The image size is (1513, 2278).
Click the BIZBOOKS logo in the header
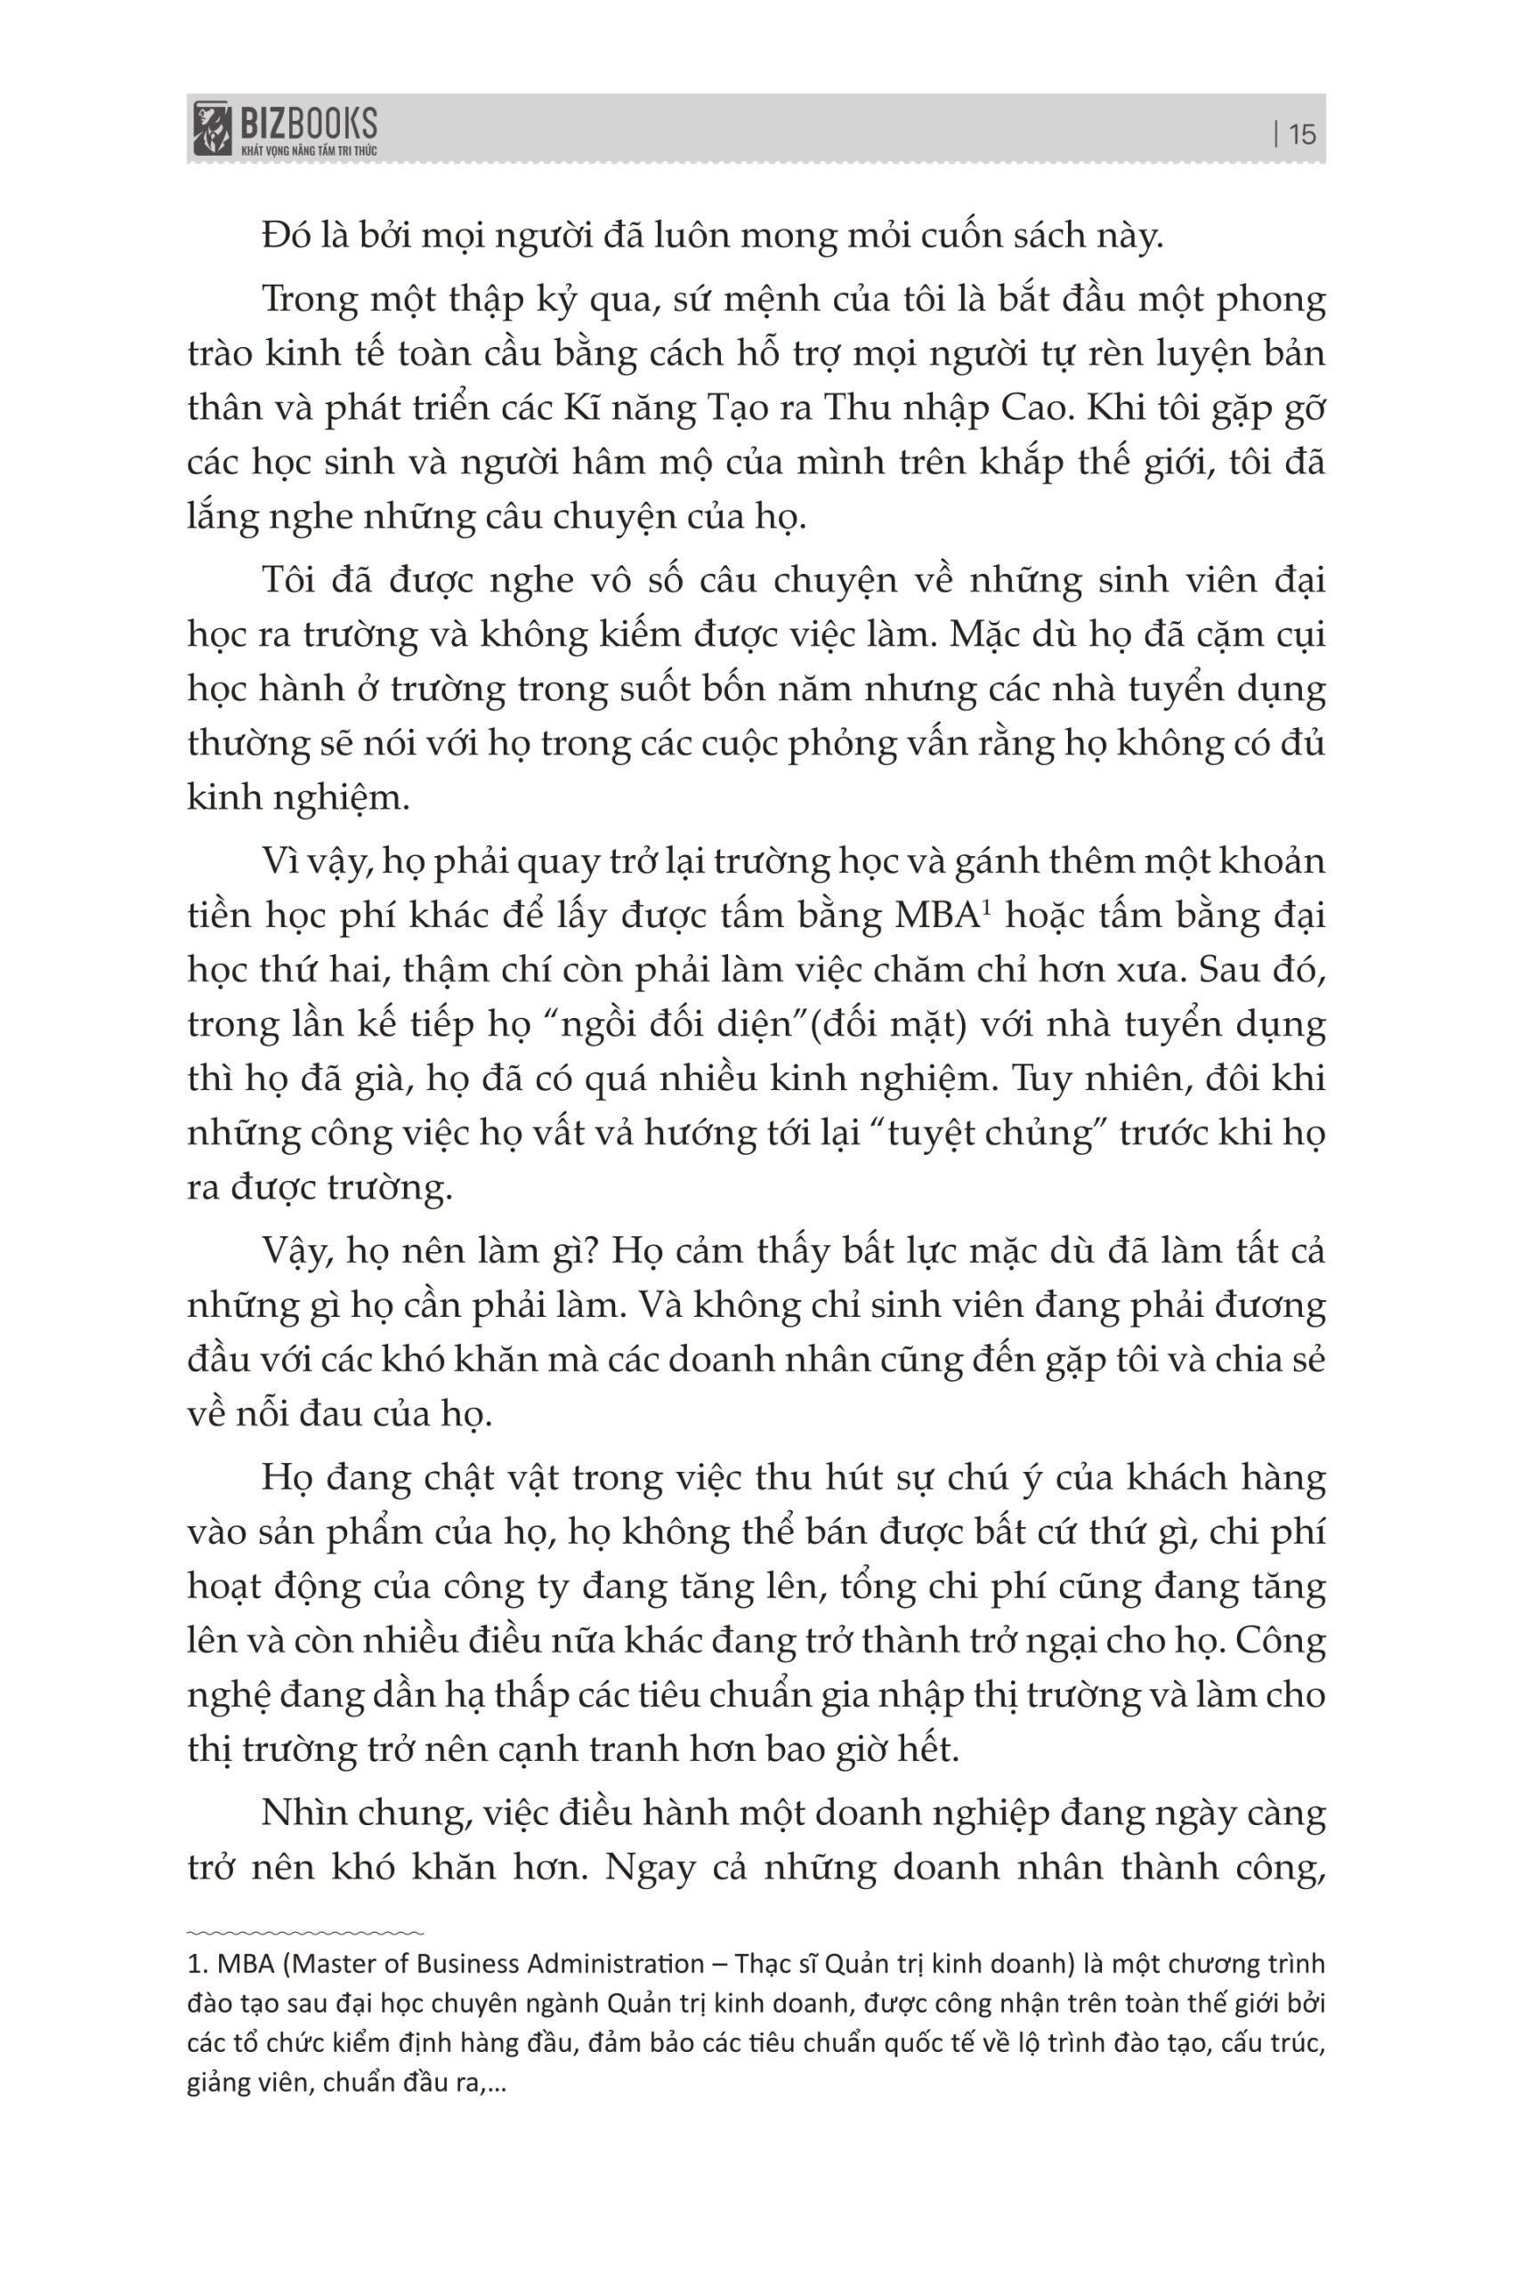pos(285,128)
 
